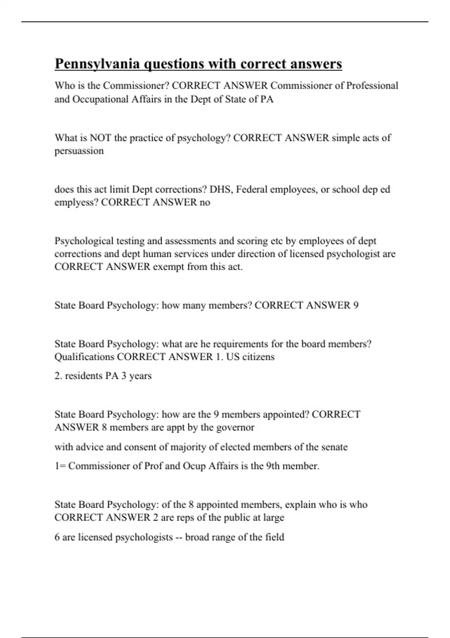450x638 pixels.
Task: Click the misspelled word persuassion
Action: coord(79,151)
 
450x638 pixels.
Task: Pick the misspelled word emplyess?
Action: coord(76,203)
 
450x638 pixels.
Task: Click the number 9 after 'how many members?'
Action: coord(355,305)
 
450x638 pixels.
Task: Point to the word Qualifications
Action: coord(84,357)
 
